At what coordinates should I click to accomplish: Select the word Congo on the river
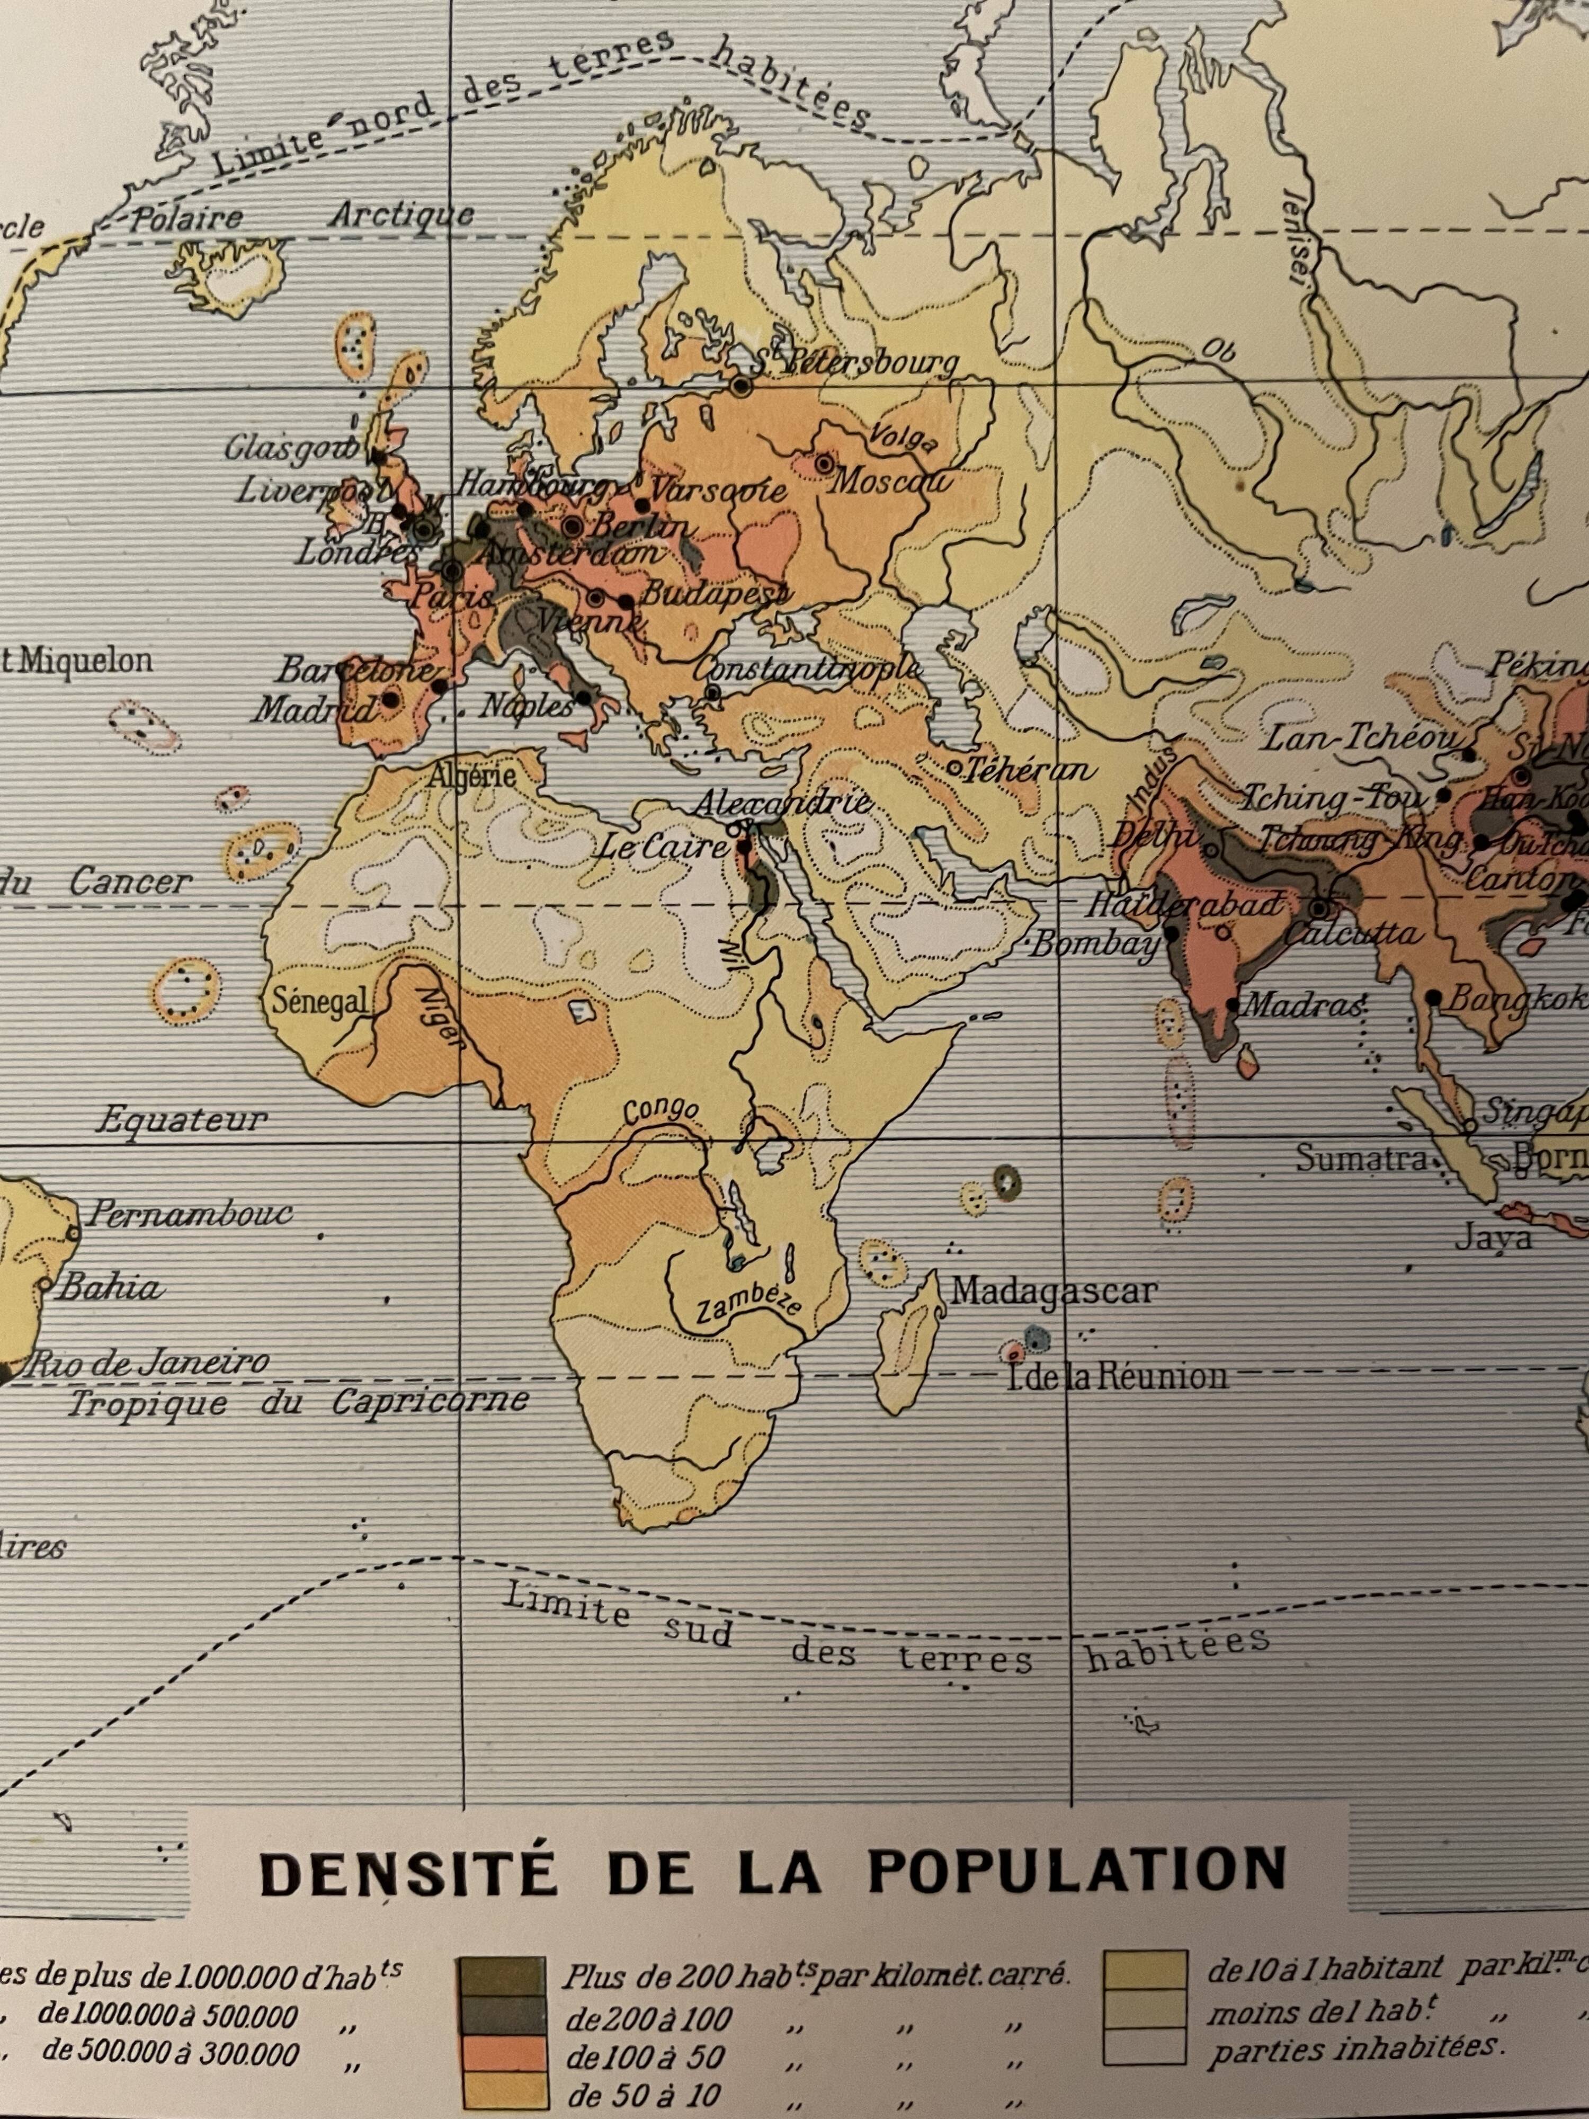pyautogui.click(x=661, y=1111)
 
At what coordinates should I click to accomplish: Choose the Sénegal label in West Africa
pyautogui.click(x=320, y=1002)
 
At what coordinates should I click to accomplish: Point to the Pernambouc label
pyautogui.click(x=189, y=1215)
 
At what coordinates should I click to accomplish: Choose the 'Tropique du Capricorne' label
pyautogui.click(x=297, y=1402)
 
